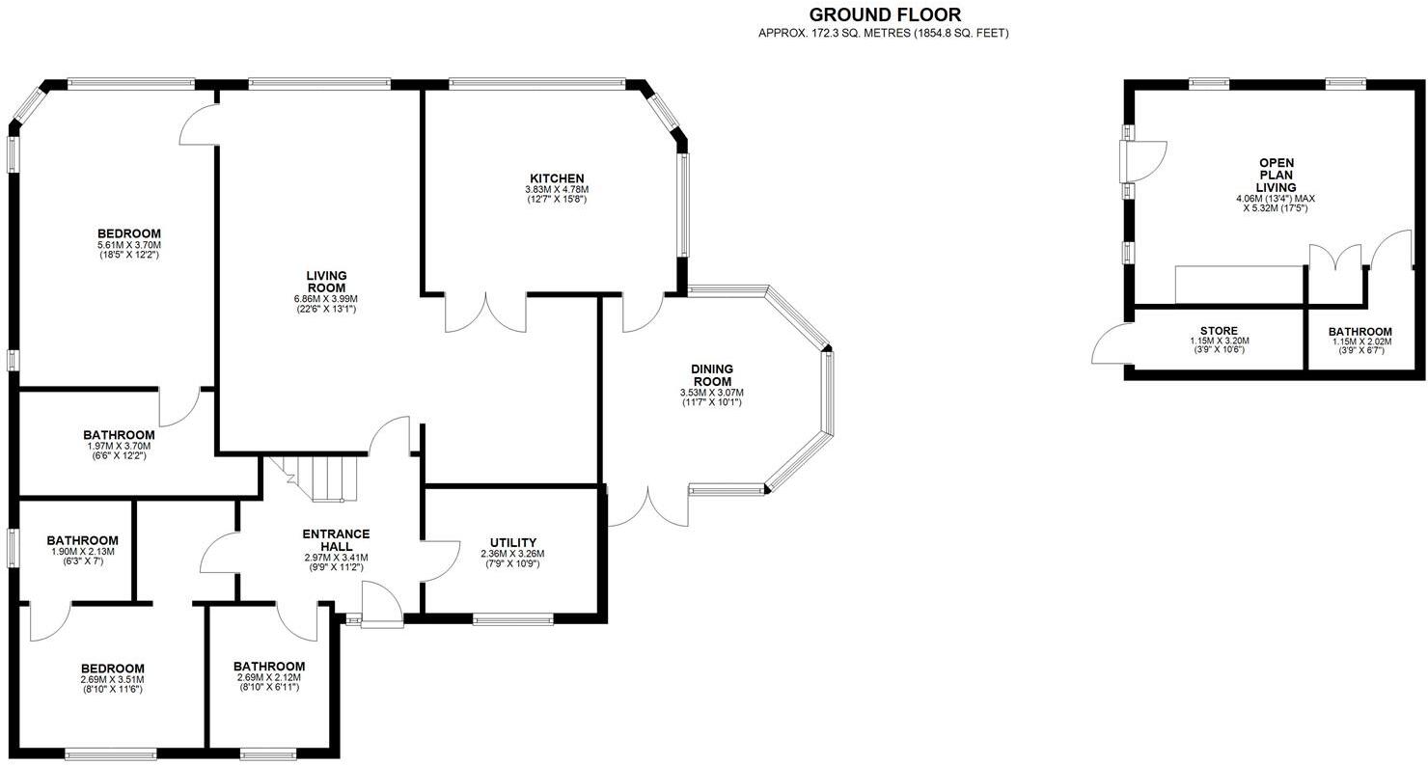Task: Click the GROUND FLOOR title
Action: coord(884,14)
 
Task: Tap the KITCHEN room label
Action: coord(556,178)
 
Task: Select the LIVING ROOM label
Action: coord(326,282)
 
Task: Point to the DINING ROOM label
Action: coord(711,374)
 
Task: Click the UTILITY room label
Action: coord(512,542)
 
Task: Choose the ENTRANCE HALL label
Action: coord(336,540)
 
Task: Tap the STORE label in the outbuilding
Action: coord(1219,331)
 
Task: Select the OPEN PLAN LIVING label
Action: coord(1276,175)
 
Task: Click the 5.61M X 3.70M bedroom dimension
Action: coord(128,245)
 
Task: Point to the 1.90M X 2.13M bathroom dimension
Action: coord(82,552)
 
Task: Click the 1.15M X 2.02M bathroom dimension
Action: coord(1359,342)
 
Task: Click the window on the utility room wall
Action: coord(512,619)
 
